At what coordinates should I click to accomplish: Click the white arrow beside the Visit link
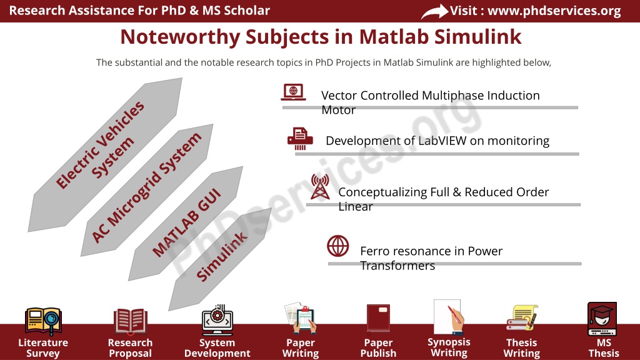434,11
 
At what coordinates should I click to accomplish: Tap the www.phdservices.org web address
554,11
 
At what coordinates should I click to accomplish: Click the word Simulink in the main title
477,37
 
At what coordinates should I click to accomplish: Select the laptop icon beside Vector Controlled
293,92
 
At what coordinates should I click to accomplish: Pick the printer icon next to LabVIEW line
300,138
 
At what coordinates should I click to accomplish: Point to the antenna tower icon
320,186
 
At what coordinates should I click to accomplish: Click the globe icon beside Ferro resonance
338,246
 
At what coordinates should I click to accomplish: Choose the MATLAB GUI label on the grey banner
187,223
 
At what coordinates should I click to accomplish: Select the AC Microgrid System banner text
146,187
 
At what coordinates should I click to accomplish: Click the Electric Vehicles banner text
100,144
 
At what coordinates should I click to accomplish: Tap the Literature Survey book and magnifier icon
43,321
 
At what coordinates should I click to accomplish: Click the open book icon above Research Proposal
130,321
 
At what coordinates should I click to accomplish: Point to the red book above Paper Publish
378,317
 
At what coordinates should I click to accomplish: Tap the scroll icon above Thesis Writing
522,317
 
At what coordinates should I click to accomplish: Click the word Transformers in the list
397,266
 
